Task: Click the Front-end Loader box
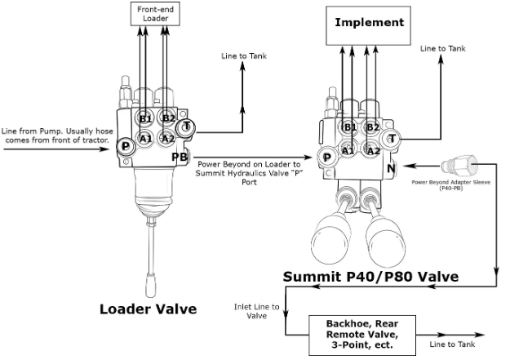coord(155,14)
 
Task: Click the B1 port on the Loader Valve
coord(145,118)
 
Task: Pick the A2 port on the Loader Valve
coord(168,138)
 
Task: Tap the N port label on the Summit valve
coord(392,170)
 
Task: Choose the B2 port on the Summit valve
coord(371,127)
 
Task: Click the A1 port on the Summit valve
coord(348,149)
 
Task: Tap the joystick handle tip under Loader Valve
coord(152,287)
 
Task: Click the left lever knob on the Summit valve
coord(335,236)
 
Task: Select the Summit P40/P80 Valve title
coord(370,277)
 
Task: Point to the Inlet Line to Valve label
coord(255,311)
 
